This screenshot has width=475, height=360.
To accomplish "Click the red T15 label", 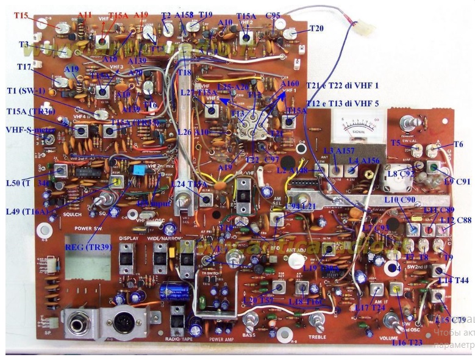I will (x=20, y=15).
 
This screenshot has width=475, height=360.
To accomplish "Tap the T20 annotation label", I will (x=316, y=28).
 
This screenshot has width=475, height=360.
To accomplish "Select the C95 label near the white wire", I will (x=273, y=15).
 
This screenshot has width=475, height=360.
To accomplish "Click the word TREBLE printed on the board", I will (x=316, y=336).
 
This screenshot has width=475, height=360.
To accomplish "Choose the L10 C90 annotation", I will (x=400, y=200).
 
